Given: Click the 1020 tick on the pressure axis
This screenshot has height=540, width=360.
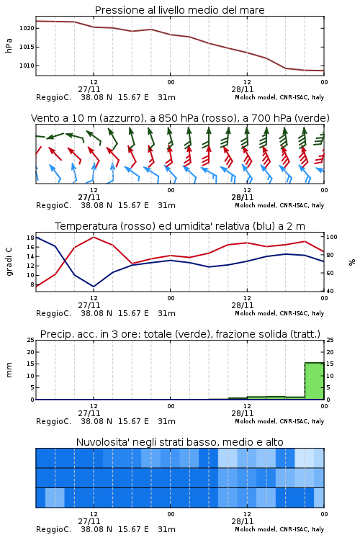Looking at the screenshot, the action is pyautogui.click(x=27, y=28).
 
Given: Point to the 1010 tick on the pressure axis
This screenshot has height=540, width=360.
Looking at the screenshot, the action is pyautogui.click(x=27, y=66).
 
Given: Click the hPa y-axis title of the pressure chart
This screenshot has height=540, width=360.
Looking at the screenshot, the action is pyautogui.click(x=9, y=46).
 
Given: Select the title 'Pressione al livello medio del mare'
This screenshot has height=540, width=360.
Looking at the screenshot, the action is pyautogui.click(x=179, y=10).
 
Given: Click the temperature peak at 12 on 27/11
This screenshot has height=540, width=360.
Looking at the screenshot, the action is pyautogui.click(x=94, y=238).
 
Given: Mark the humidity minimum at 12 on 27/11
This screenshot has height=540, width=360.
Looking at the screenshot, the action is pyautogui.click(x=94, y=287).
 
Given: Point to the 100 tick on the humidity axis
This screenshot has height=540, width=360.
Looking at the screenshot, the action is pyautogui.click(x=332, y=237).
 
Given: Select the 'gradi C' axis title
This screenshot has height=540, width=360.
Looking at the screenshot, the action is pyautogui.click(x=9, y=261).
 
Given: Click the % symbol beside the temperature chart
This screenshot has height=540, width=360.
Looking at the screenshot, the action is pyautogui.click(x=352, y=262).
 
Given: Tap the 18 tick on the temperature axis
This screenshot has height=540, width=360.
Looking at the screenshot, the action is pyautogui.click(x=30, y=238).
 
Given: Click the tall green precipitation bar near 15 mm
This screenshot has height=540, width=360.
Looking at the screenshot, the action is pyautogui.click(x=314, y=381).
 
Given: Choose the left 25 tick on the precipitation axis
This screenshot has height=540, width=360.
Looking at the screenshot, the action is pyautogui.click(x=30, y=340).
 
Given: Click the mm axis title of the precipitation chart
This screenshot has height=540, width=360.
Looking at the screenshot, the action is pyautogui.click(x=9, y=370).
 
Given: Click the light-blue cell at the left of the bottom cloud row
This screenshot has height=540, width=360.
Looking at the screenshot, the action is pyautogui.click(x=55, y=498).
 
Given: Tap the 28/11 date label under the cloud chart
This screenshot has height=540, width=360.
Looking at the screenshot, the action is pyautogui.click(x=243, y=521).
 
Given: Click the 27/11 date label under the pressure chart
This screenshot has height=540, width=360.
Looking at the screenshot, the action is pyautogui.click(x=89, y=89).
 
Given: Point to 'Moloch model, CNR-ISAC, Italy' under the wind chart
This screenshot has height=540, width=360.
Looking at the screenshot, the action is pyautogui.click(x=279, y=205).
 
